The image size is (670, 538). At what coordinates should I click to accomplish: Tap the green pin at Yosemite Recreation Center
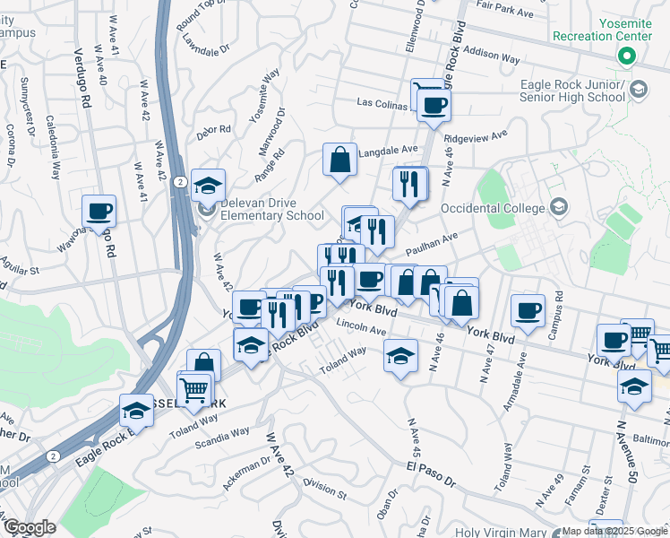click(x=627, y=57)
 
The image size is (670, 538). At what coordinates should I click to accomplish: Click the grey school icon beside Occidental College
click(x=560, y=208)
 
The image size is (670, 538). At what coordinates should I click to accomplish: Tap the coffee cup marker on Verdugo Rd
click(x=99, y=212)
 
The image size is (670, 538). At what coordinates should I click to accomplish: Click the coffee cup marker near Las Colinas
click(x=434, y=105)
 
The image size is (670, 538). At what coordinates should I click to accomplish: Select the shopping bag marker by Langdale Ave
click(x=340, y=161)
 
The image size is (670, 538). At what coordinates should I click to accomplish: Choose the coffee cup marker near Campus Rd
click(x=528, y=310)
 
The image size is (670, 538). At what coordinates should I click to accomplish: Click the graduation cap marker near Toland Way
click(x=401, y=355)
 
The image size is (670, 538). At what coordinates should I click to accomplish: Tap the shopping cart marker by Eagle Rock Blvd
click(x=195, y=389)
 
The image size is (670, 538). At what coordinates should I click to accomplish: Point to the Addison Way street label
click(x=493, y=57)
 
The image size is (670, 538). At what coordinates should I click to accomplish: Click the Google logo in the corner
click(x=30, y=527)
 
